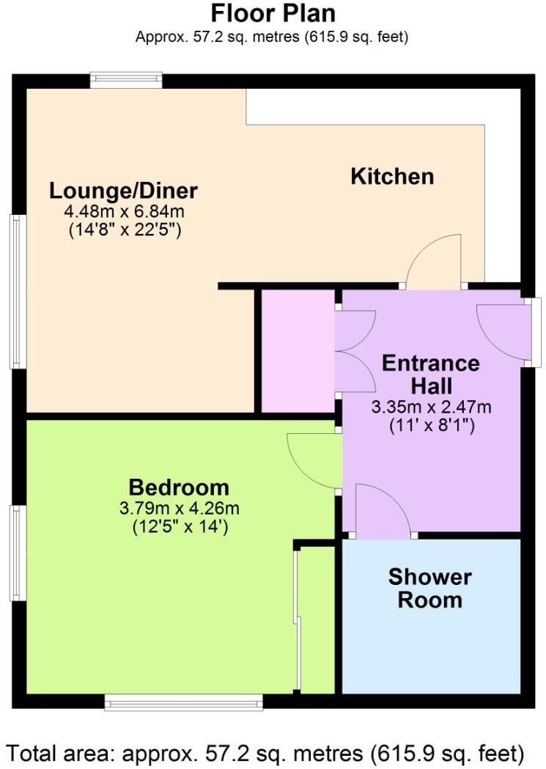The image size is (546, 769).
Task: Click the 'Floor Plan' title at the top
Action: point(272,13)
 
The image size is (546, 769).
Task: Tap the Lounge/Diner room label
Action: point(123,191)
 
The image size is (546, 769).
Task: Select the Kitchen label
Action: point(392,177)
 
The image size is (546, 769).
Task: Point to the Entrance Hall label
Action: point(431,374)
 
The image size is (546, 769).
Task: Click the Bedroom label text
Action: point(179,487)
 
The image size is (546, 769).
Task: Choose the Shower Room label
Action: point(429,589)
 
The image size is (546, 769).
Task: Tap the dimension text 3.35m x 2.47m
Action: point(431,408)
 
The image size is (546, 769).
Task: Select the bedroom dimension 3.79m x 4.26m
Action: point(179,508)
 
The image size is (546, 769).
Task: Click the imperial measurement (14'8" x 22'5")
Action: point(123,230)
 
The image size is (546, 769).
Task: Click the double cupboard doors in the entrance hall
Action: point(354,351)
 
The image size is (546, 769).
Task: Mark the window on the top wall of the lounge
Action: point(126,80)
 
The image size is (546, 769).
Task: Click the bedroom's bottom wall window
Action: point(183,703)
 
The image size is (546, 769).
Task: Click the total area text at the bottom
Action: point(266,752)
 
